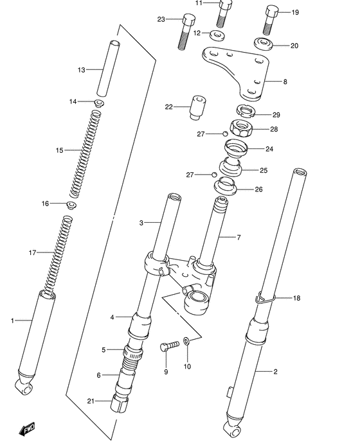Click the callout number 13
81,69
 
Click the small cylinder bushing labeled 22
197,107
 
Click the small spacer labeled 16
72,205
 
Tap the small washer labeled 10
186,342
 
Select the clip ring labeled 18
265,297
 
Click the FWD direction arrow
27,430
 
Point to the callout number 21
90,401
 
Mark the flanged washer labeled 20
262,45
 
